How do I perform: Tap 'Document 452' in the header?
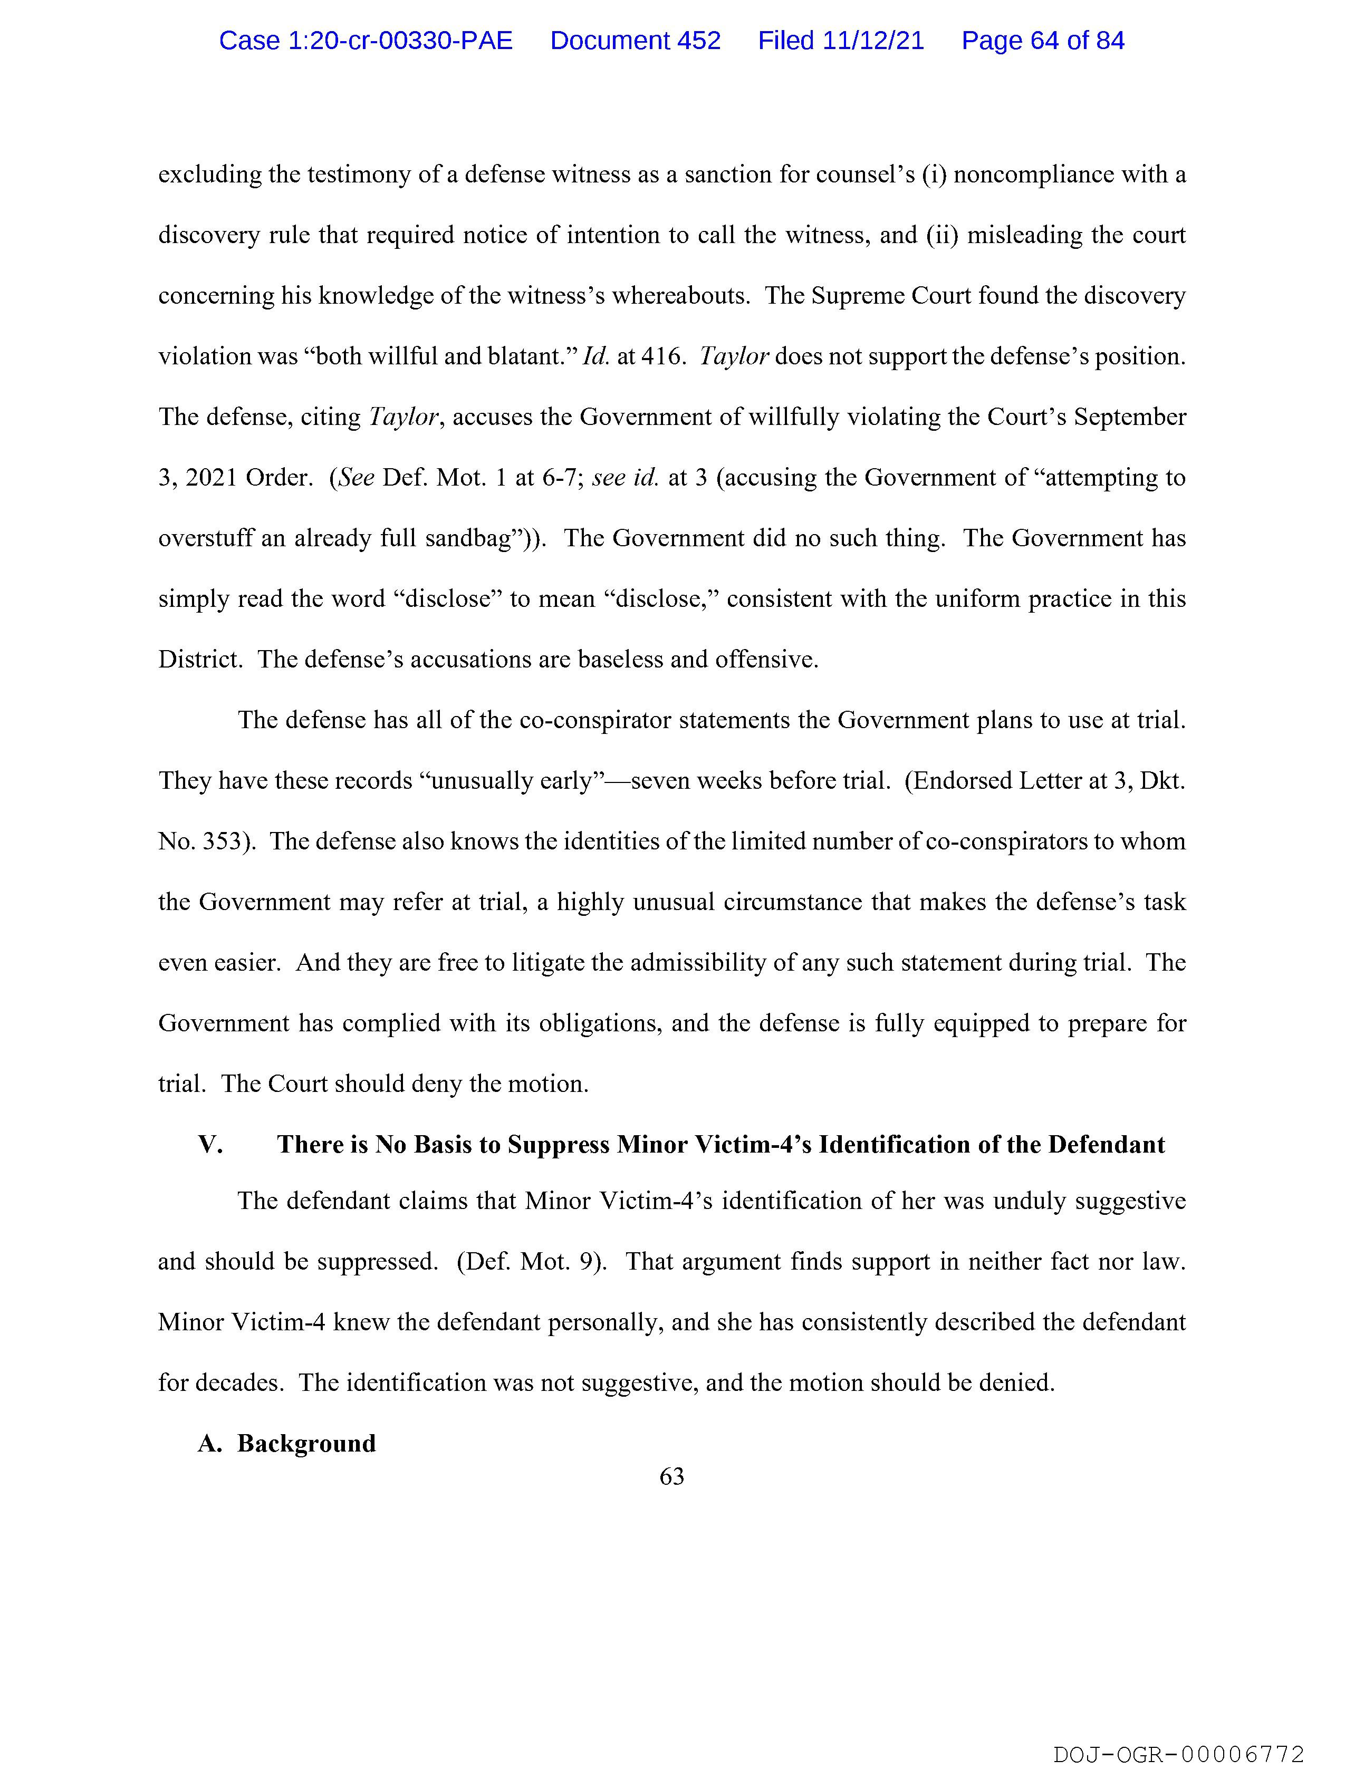point(635,41)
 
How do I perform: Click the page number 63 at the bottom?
point(671,1476)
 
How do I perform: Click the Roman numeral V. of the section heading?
point(210,1145)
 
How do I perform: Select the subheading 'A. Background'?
point(286,1444)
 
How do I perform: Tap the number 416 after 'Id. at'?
point(662,356)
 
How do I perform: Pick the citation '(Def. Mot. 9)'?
point(531,1262)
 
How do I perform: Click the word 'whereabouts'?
point(680,296)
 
